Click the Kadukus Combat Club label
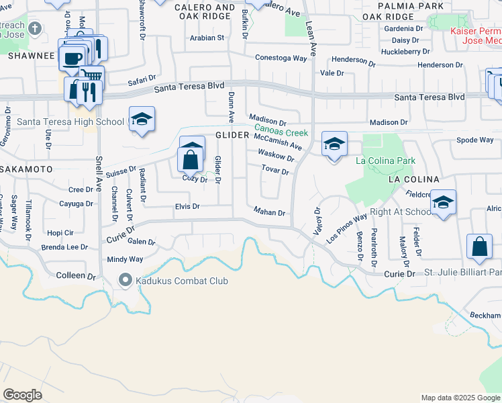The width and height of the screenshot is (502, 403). pos(182,281)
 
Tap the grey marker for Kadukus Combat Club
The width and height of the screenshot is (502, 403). pos(125,279)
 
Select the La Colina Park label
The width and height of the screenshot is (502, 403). pos(385,161)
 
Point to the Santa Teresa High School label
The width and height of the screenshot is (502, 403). pos(70,122)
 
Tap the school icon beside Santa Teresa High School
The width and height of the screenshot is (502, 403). pos(142,120)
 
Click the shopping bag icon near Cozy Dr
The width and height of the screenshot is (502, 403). pos(191,159)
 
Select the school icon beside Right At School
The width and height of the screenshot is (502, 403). pos(443,202)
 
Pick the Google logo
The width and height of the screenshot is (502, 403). pos(22,394)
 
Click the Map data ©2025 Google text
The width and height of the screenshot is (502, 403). pos(460,398)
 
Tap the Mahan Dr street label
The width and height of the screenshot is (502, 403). pos(270,212)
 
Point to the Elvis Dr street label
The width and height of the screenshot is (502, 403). pos(187,206)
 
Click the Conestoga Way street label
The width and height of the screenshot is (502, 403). pos(281,58)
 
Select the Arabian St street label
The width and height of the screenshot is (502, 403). pos(207,38)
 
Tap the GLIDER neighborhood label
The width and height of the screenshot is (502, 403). pos(232,135)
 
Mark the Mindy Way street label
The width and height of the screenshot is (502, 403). pos(125,259)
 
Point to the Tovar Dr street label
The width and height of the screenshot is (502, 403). pos(275,171)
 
